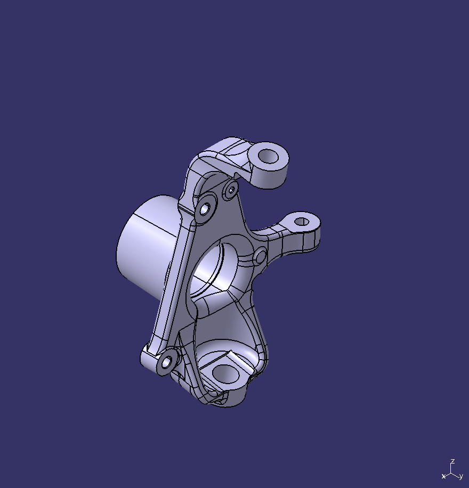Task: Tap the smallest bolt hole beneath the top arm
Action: (x=231, y=189)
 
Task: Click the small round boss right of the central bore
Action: (x=260, y=257)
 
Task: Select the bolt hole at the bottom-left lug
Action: (x=166, y=362)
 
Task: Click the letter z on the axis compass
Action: (x=452, y=461)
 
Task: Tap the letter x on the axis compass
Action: (x=443, y=476)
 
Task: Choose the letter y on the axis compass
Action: (x=461, y=476)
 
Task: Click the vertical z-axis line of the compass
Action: (x=452, y=468)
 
